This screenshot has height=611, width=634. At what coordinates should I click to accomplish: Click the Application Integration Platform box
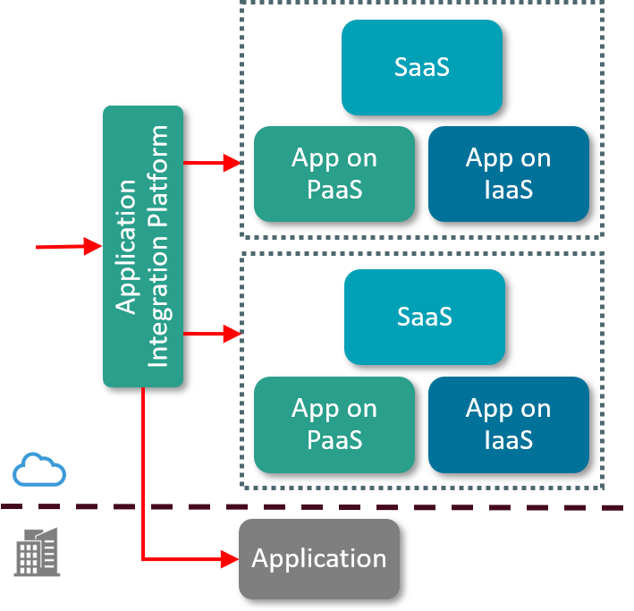click(143, 246)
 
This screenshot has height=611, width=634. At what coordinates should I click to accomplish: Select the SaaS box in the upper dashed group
click(421, 67)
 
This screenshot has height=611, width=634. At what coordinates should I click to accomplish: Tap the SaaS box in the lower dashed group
click(424, 317)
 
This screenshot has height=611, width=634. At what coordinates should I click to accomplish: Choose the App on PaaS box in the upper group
click(334, 174)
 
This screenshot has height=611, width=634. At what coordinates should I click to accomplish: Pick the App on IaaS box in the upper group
click(508, 174)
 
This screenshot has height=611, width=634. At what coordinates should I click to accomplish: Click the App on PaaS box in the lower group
click(334, 424)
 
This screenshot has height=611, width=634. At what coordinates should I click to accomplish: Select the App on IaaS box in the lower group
click(508, 424)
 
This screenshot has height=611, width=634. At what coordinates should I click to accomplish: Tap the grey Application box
click(318, 559)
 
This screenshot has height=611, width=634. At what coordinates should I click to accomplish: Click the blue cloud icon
click(39, 470)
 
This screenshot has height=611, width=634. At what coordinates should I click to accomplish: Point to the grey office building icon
click(38, 551)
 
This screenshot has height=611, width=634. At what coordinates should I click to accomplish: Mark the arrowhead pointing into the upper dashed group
click(232, 163)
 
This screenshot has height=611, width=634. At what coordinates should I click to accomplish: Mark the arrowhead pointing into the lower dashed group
click(232, 334)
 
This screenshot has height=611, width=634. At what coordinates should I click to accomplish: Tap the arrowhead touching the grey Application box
click(230, 559)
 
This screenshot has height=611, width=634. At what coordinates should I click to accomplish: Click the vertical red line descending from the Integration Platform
click(143, 474)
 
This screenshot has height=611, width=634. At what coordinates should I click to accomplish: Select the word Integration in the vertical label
click(157, 309)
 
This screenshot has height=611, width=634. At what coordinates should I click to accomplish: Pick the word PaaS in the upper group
click(334, 189)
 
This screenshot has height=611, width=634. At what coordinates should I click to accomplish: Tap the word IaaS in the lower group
click(508, 439)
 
